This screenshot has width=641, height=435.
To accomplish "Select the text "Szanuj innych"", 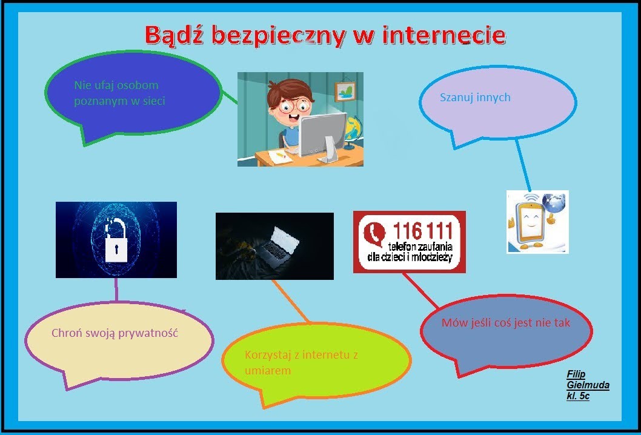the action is point(475,98).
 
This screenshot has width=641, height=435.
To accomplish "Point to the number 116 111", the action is point(423,231).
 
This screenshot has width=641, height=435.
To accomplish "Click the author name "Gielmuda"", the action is point(588,385).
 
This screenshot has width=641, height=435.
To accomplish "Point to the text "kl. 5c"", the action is point(578,396).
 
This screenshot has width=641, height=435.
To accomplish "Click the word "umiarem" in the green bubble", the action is point(268,370).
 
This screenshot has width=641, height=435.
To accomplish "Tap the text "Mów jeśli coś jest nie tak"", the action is point(506,322).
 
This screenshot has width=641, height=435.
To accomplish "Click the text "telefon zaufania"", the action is point(420,247).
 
